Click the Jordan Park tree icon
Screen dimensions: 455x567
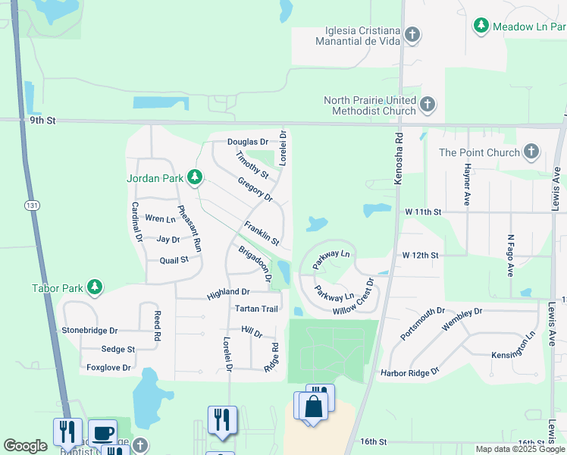click(195, 177)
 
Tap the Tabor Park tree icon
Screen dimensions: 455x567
click(95, 287)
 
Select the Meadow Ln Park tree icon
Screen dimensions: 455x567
click(481, 26)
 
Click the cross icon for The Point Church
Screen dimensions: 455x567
click(531, 152)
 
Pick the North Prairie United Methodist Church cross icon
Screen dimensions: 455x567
click(428, 105)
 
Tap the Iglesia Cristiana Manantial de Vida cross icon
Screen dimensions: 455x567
click(412, 35)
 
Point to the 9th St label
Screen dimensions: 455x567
click(44, 121)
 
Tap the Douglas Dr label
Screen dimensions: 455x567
click(248, 142)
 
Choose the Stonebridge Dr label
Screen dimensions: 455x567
click(89, 331)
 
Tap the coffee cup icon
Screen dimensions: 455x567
click(102, 433)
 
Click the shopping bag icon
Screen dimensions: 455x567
click(313, 406)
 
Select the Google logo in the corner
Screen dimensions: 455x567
click(25, 446)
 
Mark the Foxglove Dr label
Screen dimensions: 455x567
click(108, 368)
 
